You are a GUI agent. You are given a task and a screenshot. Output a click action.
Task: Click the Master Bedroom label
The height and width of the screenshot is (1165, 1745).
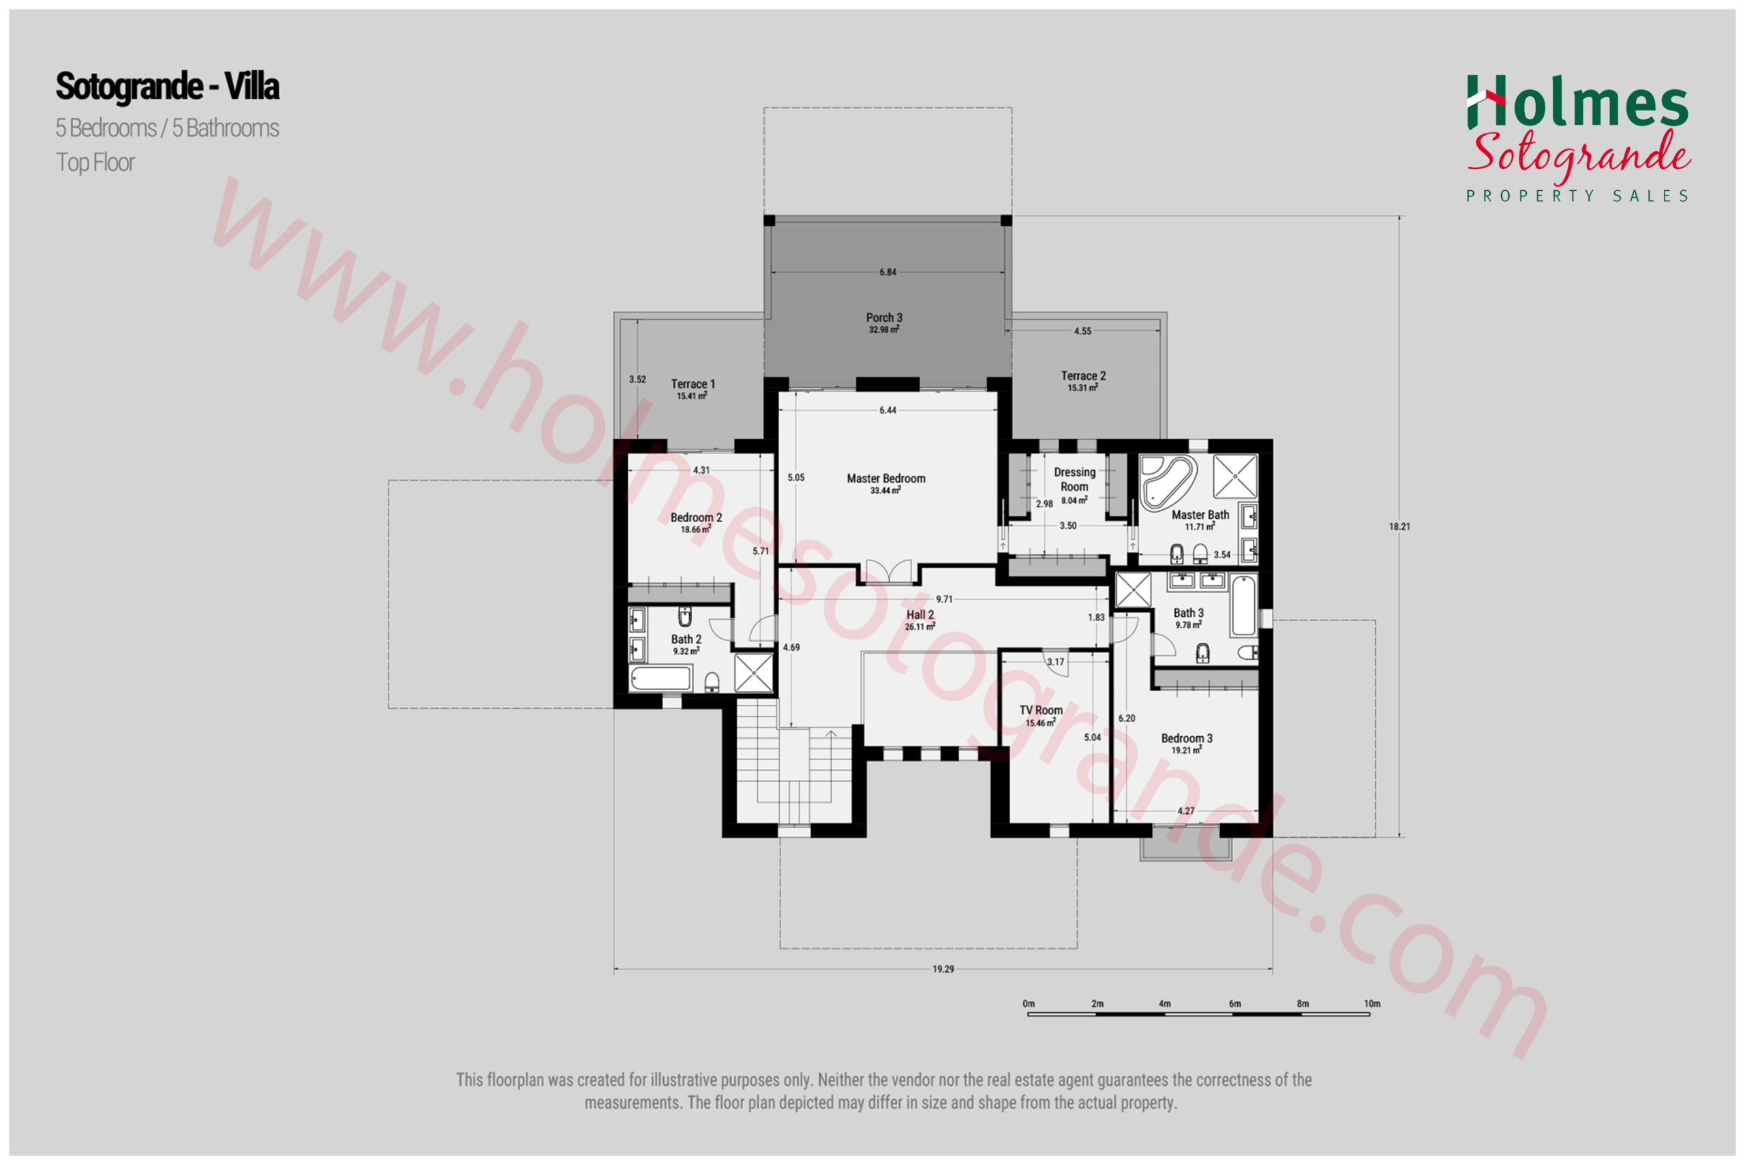coord(886,479)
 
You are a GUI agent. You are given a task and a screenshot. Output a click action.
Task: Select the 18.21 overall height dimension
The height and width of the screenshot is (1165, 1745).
coord(1399,527)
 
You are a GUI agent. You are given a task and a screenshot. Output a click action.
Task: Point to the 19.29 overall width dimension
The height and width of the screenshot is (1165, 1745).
coord(943,969)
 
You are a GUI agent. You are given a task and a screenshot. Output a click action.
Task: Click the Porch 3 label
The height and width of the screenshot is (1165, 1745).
coord(884,318)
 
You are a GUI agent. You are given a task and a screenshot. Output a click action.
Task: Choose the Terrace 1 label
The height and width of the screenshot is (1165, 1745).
coord(693,384)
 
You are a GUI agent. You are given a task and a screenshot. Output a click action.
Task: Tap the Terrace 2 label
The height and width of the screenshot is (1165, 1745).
coord(1083,376)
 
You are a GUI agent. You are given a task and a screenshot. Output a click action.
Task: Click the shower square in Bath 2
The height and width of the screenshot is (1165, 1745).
coord(753,672)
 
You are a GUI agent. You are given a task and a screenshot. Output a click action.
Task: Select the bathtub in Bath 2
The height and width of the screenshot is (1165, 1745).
coord(661,679)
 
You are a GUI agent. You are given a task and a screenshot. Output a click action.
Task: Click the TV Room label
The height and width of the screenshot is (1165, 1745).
coord(1041,710)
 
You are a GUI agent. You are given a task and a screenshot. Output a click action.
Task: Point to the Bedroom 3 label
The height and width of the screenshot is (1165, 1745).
coord(1186,738)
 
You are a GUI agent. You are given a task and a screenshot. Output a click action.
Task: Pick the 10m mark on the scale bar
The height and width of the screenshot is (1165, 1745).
coord(1371,1003)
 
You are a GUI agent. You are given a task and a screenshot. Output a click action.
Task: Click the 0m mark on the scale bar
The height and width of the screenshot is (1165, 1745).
coord(1029,1003)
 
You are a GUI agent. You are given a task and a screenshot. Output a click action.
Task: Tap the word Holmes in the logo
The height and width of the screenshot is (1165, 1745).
coord(1578,102)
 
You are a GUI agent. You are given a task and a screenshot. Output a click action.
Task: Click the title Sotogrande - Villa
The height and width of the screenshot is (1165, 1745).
coord(168,87)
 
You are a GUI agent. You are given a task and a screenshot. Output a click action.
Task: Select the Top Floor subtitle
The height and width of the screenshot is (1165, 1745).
coord(96,163)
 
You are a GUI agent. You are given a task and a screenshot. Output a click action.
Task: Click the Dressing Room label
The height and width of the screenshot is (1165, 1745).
coord(1074,479)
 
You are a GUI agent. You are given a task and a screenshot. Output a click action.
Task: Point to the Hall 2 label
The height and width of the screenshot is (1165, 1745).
coord(920,614)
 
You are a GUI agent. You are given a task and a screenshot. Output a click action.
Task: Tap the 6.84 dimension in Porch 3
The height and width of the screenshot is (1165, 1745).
coord(887,272)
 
